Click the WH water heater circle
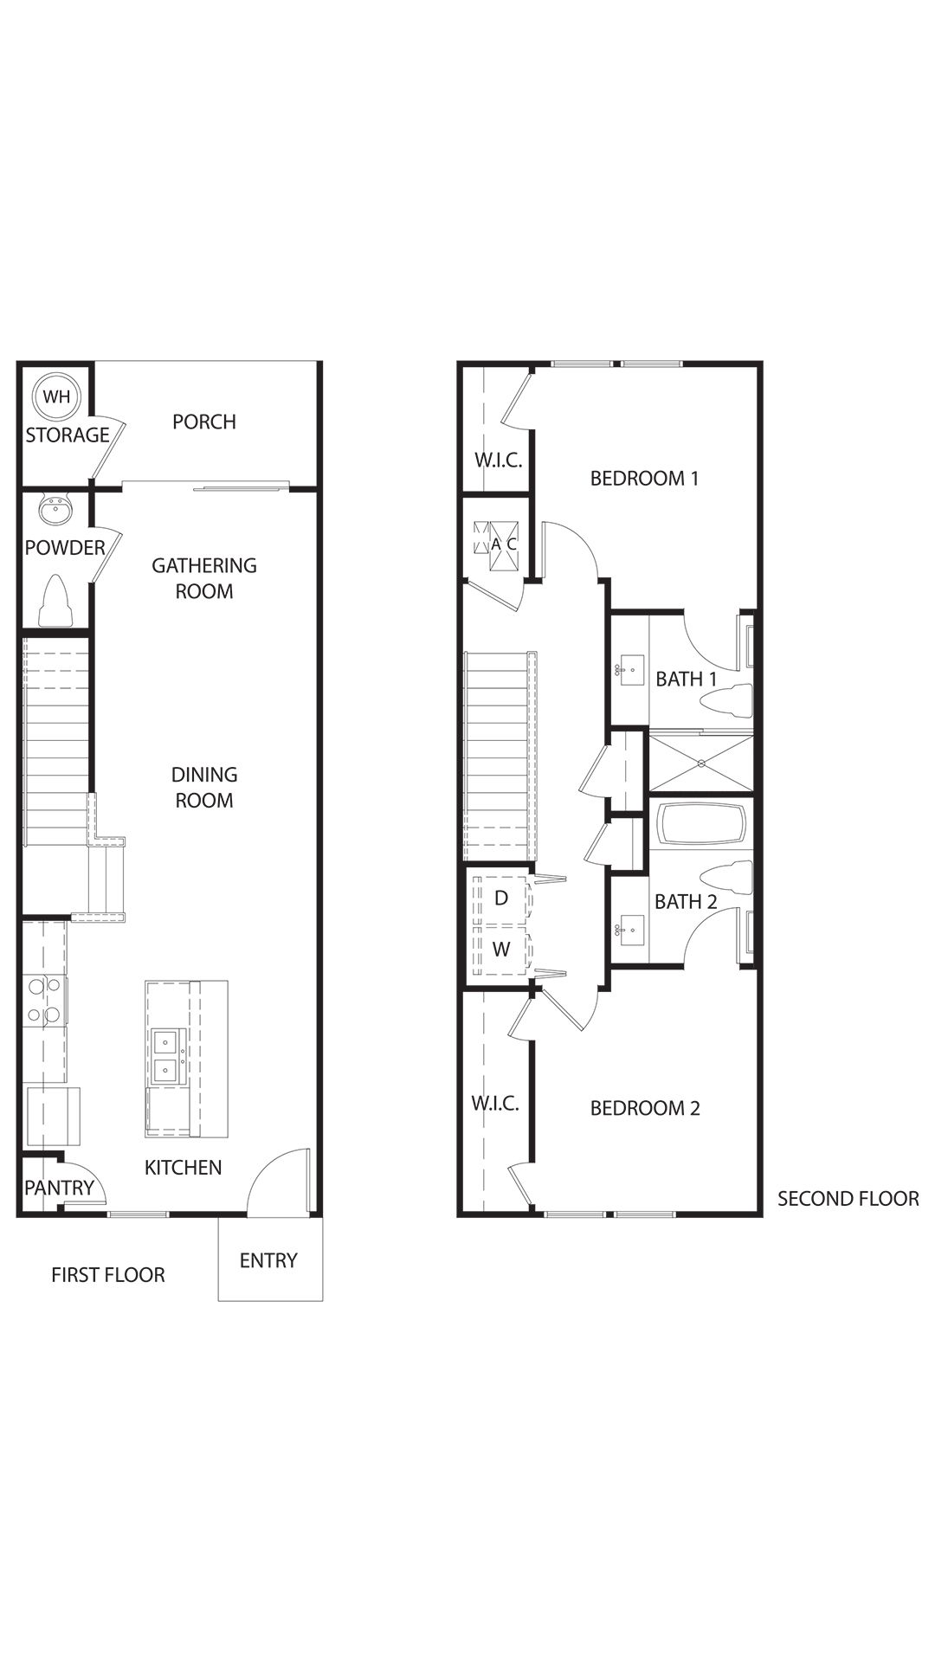pyautogui.click(x=57, y=397)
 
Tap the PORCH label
pyautogui.click(x=204, y=422)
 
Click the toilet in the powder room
pyautogui.click(x=55, y=600)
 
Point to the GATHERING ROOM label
pyautogui.click(x=204, y=578)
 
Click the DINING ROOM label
pyautogui.click(x=204, y=788)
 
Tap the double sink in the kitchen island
pyautogui.click(x=164, y=1056)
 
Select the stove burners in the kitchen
pyautogui.click(x=44, y=1000)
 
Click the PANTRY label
pyautogui.click(x=59, y=1188)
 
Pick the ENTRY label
pyautogui.click(x=268, y=1260)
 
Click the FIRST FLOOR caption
pyautogui.click(x=108, y=1274)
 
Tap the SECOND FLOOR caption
pyautogui.click(x=848, y=1199)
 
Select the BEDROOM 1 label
pyautogui.click(x=645, y=478)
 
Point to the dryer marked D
pyautogui.click(x=502, y=899)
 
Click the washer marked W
pyautogui.click(x=502, y=950)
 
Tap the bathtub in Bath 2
pyautogui.click(x=702, y=824)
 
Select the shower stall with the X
pyautogui.click(x=701, y=763)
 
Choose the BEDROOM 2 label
pyautogui.click(x=645, y=1108)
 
